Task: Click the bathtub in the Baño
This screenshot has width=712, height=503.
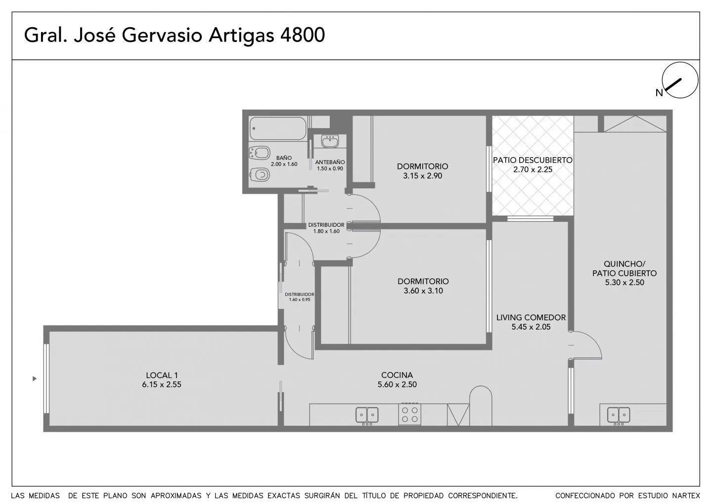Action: pos(278,128)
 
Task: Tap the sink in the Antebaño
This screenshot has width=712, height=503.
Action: pos(330,141)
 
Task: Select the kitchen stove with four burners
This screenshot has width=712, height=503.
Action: pos(410,415)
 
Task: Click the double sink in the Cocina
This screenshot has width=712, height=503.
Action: pos(367,416)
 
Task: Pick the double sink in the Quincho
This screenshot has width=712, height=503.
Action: pos(619,416)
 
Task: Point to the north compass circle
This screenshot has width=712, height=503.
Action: pos(680,80)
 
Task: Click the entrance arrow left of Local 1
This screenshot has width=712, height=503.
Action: pos(35,378)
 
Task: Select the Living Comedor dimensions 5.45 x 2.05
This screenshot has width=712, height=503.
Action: pos(531,327)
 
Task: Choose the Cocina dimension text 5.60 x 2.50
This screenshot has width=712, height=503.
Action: pos(397,384)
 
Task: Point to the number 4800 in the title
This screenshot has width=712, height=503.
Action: pos(302,35)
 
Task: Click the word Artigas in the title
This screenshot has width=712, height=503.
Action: pos(241,36)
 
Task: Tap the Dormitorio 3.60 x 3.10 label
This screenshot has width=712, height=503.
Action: pos(423,286)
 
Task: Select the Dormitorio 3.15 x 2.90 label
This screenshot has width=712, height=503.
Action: pos(422,171)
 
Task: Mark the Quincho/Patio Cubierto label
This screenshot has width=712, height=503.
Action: pos(624,273)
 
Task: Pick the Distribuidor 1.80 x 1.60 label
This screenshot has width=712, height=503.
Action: pos(326,228)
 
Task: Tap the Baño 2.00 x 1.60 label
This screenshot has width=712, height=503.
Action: pos(284,161)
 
